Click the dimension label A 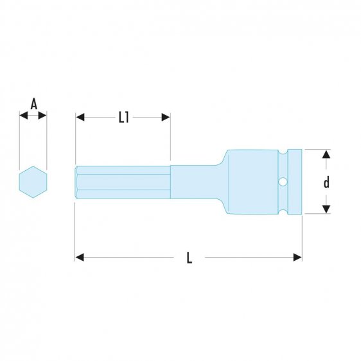[33, 103]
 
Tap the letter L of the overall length [189, 258]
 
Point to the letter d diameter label [326, 182]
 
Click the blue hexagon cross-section [33, 182]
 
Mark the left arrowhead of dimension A [23, 116]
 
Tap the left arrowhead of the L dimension [80, 257]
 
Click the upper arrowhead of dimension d [326, 154]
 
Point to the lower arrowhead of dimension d [326, 209]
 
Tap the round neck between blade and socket [196, 182]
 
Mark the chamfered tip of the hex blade [76, 182]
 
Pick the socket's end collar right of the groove [294, 182]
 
